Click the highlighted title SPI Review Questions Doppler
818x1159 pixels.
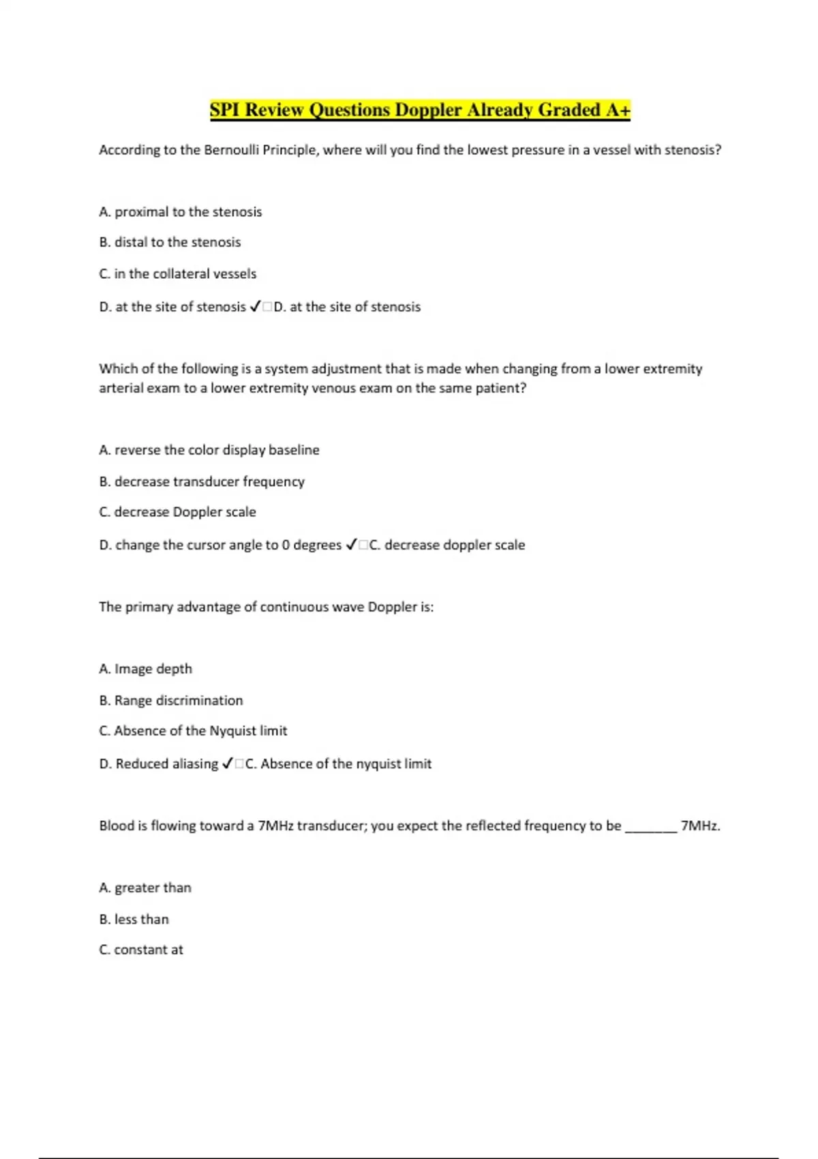click(x=420, y=110)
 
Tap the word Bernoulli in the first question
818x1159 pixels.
click(x=232, y=150)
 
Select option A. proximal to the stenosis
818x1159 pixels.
click(x=181, y=212)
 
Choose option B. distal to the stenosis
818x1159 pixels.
click(x=170, y=242)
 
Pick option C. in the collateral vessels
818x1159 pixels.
click(x=178, y=274)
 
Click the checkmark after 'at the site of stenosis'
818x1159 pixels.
click(x=255, y=307)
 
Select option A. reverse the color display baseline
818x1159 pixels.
click(x=209, y=450)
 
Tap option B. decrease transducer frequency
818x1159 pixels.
click(x=202, y=482)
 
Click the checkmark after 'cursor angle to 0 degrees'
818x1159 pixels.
click(x=351, y=545)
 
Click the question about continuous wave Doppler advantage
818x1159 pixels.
click(x=266, y=607)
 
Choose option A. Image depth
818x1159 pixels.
click(x=146, y=669)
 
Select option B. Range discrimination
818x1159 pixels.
click(x=171, y=701)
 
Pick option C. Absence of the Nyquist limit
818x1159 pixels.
click(x=194, y=731)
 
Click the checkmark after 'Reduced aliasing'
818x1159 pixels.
click(x=228, y=764)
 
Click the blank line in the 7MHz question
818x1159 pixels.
click(x=651, y=828)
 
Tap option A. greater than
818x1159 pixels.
click(x=145, y=888)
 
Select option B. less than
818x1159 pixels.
click(x=134, y=919)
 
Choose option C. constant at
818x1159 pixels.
click(x=141, y=950)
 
